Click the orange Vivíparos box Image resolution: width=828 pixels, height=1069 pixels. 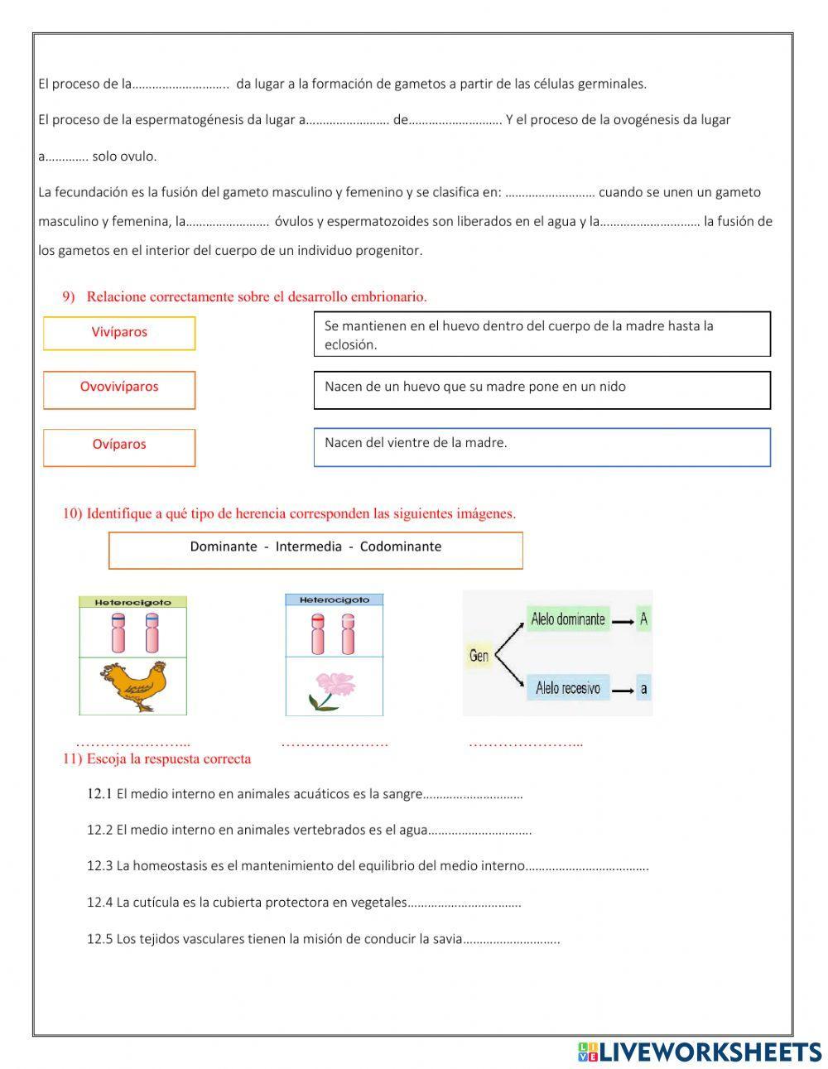119,333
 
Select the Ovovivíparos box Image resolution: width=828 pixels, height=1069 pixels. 119,389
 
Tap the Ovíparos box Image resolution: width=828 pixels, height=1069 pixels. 119,447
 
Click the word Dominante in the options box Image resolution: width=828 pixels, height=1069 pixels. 224,547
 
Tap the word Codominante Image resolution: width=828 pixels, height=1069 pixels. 401,547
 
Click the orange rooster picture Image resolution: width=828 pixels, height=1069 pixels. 133,686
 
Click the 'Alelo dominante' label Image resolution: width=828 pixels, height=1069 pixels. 568,619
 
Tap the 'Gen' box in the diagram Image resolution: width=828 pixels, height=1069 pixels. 479,656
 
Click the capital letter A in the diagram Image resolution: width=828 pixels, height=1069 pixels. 643,619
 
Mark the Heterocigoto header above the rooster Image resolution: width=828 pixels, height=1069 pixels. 133,602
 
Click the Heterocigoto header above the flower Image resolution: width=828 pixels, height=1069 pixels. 334,600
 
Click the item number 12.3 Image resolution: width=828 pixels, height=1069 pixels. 99,866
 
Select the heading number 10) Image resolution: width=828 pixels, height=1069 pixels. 73,513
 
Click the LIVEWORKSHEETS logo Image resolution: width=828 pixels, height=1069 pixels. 700,1052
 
